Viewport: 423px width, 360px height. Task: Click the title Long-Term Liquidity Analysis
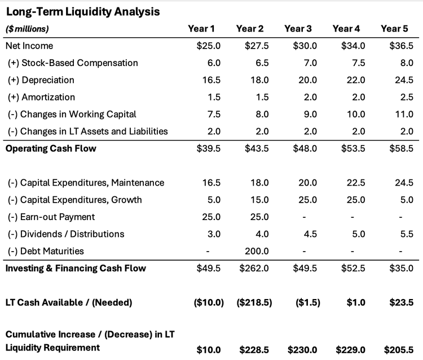pos(82,11)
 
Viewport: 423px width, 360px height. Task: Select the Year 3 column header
pos(298,28)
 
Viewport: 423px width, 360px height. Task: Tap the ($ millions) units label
pos(27,29)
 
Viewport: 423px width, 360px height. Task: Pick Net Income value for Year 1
pos(204,46)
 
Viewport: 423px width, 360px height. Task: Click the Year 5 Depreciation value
pos(404,80)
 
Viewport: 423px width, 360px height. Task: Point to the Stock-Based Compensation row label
pos(73,63)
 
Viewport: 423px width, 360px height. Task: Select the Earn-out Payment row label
pos(51,217)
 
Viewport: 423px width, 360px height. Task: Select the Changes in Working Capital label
pos(72,114)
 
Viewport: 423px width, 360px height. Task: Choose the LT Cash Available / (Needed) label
pos(68,302)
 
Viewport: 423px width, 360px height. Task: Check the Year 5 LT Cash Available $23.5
pos(403,302)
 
